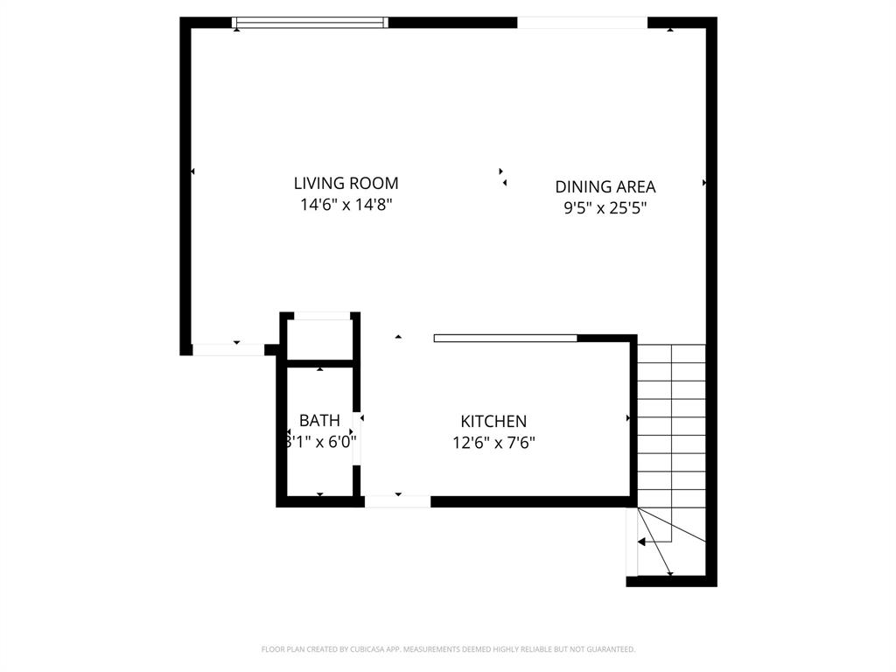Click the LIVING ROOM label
(346, 183)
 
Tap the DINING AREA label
(605, 186)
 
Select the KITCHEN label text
(493, 422)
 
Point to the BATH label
(319, 421)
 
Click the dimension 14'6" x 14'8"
(346, 205)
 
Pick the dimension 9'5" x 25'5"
(605, 208)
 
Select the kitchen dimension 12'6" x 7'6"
(493, 443)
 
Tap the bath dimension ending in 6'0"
(320, 442)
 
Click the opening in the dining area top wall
(582, 23)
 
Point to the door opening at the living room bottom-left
(227, 350)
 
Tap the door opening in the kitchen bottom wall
(397, 501)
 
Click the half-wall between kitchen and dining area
(505, 338)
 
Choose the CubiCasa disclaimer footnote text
(448, 649)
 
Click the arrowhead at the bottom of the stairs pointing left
(641, 542)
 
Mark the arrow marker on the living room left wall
(192, 171)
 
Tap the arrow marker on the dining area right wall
(704, 183)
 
